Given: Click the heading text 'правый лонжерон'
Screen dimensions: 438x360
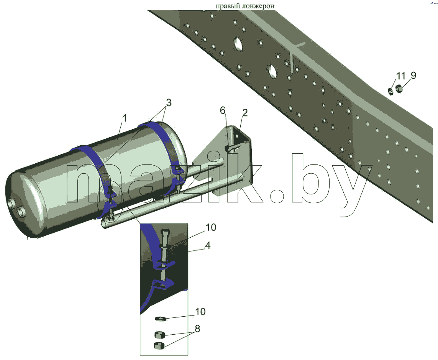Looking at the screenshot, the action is pyautogui.click(x=245, y=6).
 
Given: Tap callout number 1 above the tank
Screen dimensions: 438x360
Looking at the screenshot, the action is pyautogui.click(x=125, y=118).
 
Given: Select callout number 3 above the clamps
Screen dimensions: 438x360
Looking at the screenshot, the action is pyautogui.click(x=169, y=103).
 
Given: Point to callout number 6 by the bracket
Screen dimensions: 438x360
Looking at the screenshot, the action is pyautogui.click(x=222, y=111).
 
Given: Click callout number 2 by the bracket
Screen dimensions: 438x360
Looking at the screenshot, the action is pyautogui.click(x=245, y=113).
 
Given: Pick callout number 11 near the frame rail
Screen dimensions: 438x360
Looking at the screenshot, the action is pyautogui.click(x=400, y=76).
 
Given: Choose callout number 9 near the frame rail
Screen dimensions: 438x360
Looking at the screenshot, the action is pyautogui.click(x=413, y=75).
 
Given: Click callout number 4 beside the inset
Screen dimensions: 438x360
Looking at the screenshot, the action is pyautogui.click(x=208, y=246).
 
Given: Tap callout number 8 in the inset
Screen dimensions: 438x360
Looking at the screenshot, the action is pyautogui.click(x=197, y=329).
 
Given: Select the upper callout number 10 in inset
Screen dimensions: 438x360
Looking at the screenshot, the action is pyautogui.click(x=211, y=227).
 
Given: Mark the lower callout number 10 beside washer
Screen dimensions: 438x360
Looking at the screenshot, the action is pyautogui.click(x=200, y=311).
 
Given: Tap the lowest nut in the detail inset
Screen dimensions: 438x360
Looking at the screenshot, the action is pyautogui.click(x=159, y=345).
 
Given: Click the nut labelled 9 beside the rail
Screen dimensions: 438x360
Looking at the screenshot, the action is pyautogui.click(x=399, y=89).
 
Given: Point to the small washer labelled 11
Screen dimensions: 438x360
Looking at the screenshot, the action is pyautogui.click(x=390, y=90).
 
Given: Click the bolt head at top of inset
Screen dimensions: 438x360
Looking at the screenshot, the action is pyautogui.click(x=164, y=233).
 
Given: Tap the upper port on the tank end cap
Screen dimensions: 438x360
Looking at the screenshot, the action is pyautogui.click(x=12, y=203).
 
